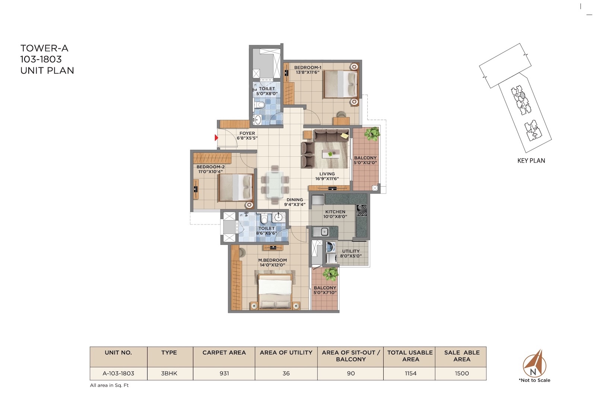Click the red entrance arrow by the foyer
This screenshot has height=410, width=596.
[216, 138]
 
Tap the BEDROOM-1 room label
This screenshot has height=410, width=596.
[308, 67]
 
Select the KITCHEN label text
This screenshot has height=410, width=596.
[335, 212]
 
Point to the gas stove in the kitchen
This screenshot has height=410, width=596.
[362, 210]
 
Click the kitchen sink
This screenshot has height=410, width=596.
[321, 232]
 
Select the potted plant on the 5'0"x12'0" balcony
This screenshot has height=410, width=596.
[372, 134]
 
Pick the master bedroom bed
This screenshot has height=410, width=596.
[275, 292]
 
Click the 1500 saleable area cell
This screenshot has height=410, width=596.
[462, 373]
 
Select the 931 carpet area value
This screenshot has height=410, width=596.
[224, 373]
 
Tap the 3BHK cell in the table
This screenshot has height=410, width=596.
[169, 373]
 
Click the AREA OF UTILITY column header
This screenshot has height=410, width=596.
[286, 353]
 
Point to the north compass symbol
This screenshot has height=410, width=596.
[534, 363]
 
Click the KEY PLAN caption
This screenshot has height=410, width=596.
[531, 161]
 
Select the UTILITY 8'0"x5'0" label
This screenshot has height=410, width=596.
[351, 253]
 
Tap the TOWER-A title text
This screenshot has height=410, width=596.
[44, 48]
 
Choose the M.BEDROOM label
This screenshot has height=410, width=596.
[272, 260]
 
